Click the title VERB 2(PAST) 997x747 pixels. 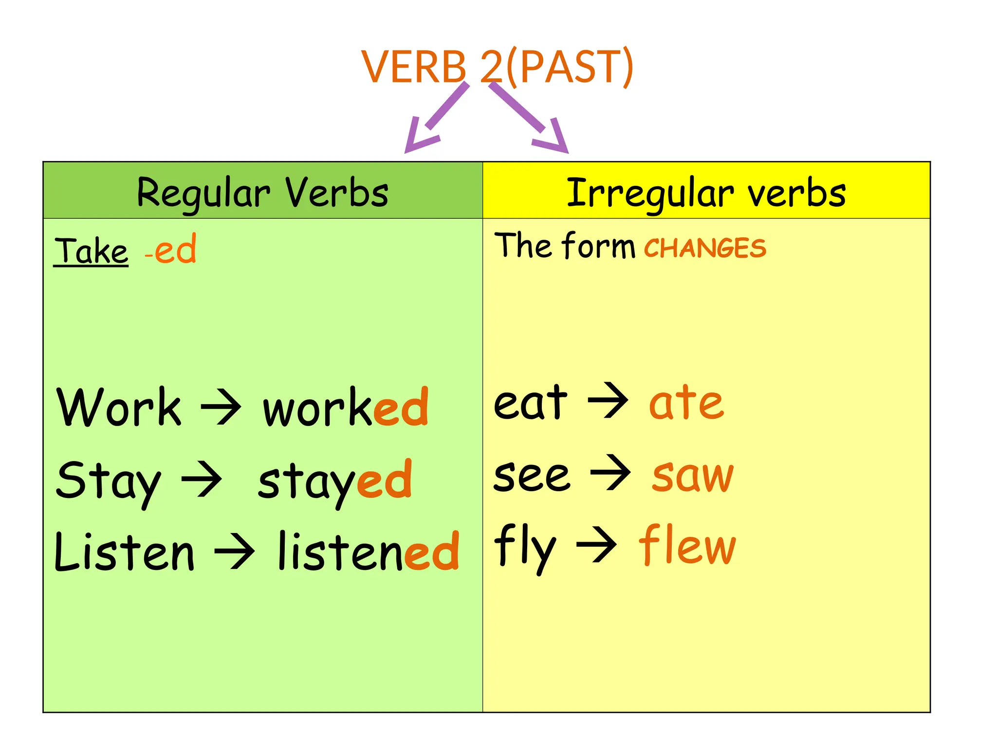[x=497, y=67]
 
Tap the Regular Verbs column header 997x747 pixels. [x=263, y=192]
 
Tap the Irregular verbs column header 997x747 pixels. [x=706, y=192]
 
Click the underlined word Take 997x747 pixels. [x=91, y=251]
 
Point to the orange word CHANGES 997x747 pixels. [x=704, y=248]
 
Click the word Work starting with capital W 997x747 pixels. [x=119, y=408]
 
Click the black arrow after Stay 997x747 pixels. [x=202, y=480]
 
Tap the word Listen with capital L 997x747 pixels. [x=125, y=552]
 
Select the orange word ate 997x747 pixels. [x=686, y=403]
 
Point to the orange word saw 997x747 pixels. [x=692, y=475]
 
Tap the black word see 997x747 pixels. [x=532, y=476]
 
